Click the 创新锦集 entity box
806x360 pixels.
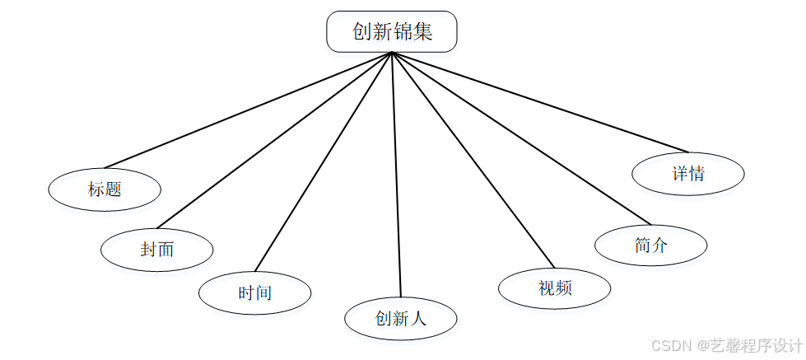tap(392, 32)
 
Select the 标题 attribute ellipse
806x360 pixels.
tap(105, 189)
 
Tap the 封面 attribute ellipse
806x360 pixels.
tap(157, 249)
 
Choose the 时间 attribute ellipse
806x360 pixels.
tap(255, 292)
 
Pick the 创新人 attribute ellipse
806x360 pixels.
tap(400, 319)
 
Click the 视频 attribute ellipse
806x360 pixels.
tap(555, 288)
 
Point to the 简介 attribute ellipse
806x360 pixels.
tap(651, 245)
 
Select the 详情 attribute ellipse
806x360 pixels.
tap(688, 174)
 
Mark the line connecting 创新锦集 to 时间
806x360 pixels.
tap(324, 161)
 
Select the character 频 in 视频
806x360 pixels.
tap(564, 288)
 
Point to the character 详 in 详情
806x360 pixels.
tap(679, 174)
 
